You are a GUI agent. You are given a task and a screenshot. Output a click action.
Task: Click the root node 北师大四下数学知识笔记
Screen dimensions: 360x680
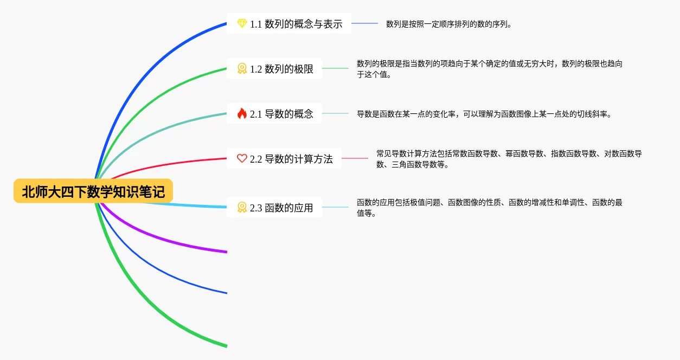tap(93, 191)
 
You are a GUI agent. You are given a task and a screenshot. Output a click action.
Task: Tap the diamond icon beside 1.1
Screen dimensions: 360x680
tap(242, 24)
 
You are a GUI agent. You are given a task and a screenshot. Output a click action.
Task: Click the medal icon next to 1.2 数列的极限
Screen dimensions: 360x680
tap(242, 69)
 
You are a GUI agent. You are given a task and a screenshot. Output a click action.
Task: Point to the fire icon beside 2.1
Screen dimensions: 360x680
tap(242, 114)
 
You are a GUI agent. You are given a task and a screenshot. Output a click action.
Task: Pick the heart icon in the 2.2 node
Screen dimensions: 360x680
tap(242, 159)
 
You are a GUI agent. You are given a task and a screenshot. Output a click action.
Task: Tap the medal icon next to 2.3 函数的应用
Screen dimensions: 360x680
tap(242, 207)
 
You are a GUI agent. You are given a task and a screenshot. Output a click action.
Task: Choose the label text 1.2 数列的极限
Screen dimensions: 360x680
tap(281, 69)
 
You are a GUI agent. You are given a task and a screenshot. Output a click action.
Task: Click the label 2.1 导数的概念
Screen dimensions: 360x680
tap(281, 114)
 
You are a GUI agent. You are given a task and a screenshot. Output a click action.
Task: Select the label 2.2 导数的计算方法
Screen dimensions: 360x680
tap(291, 159)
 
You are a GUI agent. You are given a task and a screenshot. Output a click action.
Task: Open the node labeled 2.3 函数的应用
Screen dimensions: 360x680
tap(281, 207)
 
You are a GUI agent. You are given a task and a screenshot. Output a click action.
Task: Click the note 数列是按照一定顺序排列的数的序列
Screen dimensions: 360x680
tap(448, 24)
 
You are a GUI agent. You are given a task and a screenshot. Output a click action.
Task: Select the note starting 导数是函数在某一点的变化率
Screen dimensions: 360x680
tap(484, 114)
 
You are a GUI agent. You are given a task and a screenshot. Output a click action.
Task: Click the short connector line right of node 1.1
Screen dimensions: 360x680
tap(364, 23)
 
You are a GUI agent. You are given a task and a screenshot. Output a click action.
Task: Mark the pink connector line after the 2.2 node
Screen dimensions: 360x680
tap(355, 158)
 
